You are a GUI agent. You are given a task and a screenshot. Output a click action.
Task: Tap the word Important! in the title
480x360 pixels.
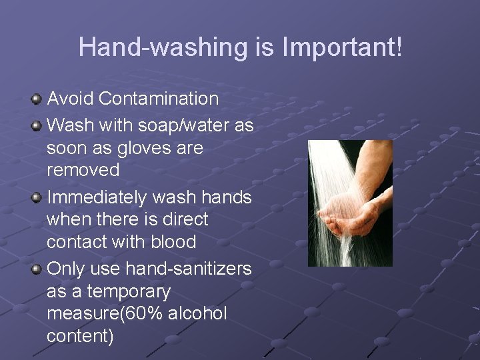(342, 48)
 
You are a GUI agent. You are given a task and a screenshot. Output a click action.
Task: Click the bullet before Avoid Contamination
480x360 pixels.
(36, 99)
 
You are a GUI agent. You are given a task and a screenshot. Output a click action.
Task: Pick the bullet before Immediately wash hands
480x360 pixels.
(36, 197)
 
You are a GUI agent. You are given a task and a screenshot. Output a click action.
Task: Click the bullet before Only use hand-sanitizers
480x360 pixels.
(36, 269)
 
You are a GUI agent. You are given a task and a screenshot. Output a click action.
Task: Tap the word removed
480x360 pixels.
(83, 171)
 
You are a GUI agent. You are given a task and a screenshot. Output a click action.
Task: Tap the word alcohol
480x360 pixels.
(198, 314)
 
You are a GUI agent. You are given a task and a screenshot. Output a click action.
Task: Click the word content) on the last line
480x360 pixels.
(80, 336)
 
